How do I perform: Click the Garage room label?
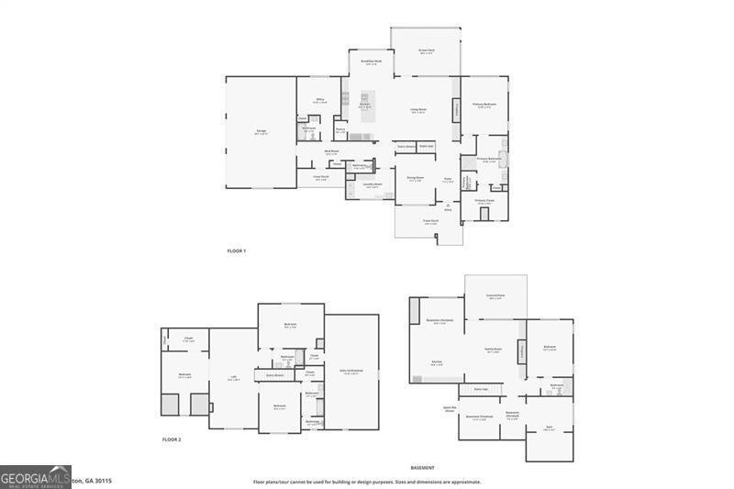click(261, 131)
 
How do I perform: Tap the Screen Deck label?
click(426, 50)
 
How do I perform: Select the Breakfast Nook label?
click(371, 62)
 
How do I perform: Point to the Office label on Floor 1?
click(319, 100)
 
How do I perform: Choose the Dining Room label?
click(415, 178)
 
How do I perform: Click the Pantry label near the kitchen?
click(339, 129)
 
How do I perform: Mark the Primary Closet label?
click(484, 200)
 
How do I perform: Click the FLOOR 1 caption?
click(237, 250)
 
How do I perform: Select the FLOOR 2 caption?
click(172, 439)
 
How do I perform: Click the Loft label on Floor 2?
click(233, 378)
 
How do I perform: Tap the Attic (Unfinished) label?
click(352, 371)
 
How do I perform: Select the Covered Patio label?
click(495, 296)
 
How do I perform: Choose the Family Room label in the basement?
click(493, 350)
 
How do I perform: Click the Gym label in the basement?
click(548, 428)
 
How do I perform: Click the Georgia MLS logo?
click(36, 476)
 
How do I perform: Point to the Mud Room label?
click(332, 151)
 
